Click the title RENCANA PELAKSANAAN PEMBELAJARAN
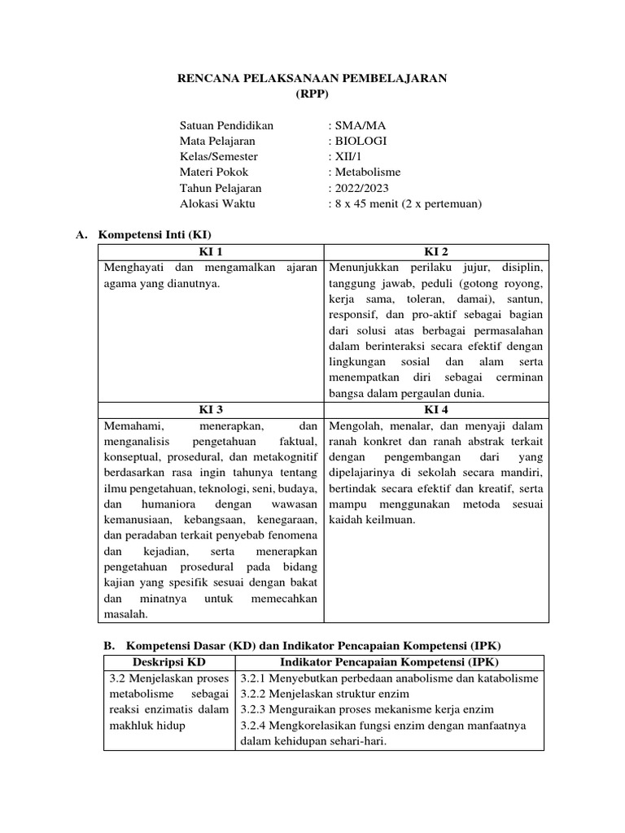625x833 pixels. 312,78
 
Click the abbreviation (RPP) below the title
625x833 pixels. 312,94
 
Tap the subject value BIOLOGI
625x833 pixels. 359,142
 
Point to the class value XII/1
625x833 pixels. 343,157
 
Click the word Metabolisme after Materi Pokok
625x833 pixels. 365,172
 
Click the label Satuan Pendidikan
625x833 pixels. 226,126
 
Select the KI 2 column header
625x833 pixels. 435,251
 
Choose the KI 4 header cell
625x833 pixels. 435,409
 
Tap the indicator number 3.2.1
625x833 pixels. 256,678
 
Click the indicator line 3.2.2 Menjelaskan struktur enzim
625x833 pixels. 339,694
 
